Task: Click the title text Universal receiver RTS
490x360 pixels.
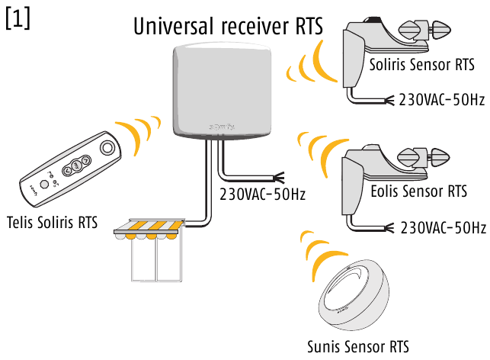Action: tap(228, 26)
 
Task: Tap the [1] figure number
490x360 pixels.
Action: tap(18, 19)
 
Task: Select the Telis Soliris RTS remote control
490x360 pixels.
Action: tap(71, 170)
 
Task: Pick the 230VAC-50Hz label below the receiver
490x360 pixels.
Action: tap(262, 194)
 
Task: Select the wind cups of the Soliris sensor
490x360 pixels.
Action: tap(428, 31)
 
